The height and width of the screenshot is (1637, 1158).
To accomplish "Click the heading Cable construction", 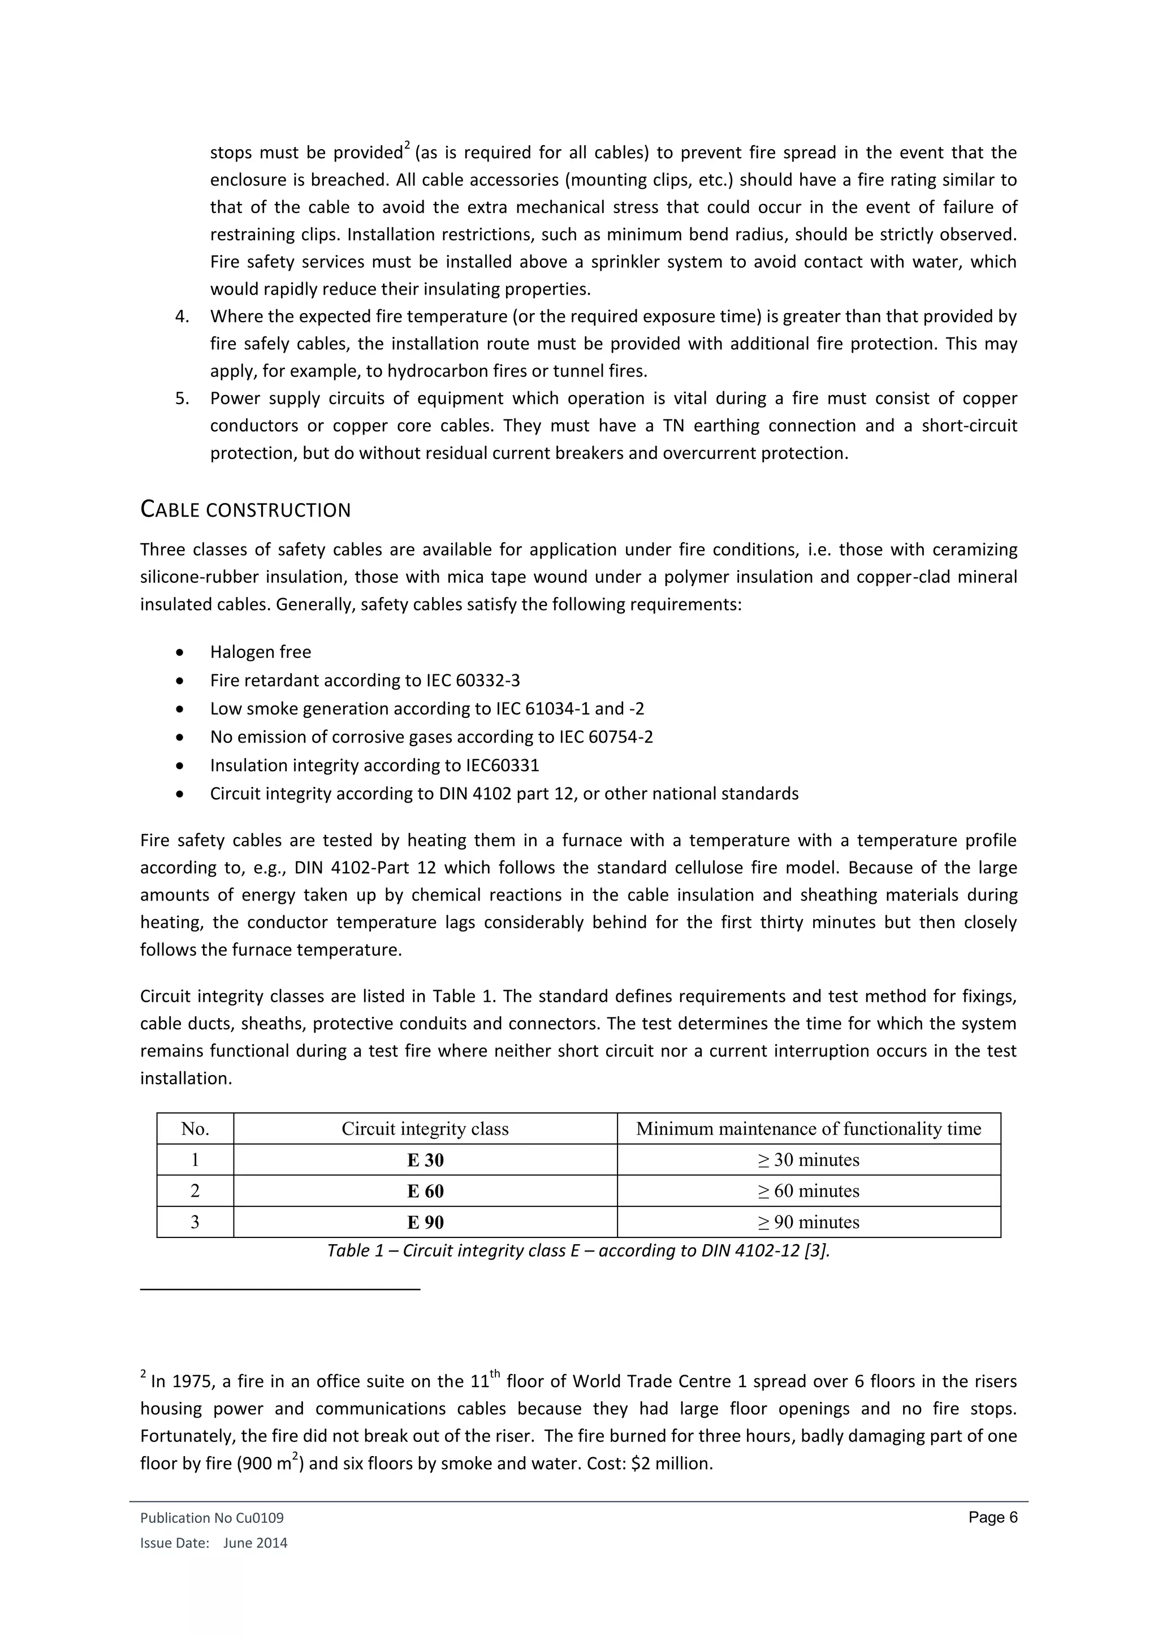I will tap(245, 510).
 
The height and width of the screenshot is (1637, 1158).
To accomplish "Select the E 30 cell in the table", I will tap(425, 1160).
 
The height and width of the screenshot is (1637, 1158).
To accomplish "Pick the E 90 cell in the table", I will tap(425, 1222).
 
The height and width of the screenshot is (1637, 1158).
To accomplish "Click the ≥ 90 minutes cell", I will tap(808, 1222).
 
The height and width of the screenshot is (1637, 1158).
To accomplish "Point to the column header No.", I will tap(195, 1129).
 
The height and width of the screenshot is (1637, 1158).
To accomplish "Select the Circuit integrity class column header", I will tap(425, 1129).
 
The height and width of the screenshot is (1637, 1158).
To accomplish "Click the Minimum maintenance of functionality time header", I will tap(808, 1129).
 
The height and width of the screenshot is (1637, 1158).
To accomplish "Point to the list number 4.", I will tap(182, 317).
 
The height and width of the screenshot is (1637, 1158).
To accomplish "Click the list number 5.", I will tap(182, 399).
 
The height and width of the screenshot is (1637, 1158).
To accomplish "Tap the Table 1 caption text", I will tap(578, 1250).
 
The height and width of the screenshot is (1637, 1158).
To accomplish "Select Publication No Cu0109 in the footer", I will tap(212, 1519).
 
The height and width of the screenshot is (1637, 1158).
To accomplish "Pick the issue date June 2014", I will tap(254, 1544).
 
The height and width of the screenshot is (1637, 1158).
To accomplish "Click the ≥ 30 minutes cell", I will tap(808, 1160).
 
